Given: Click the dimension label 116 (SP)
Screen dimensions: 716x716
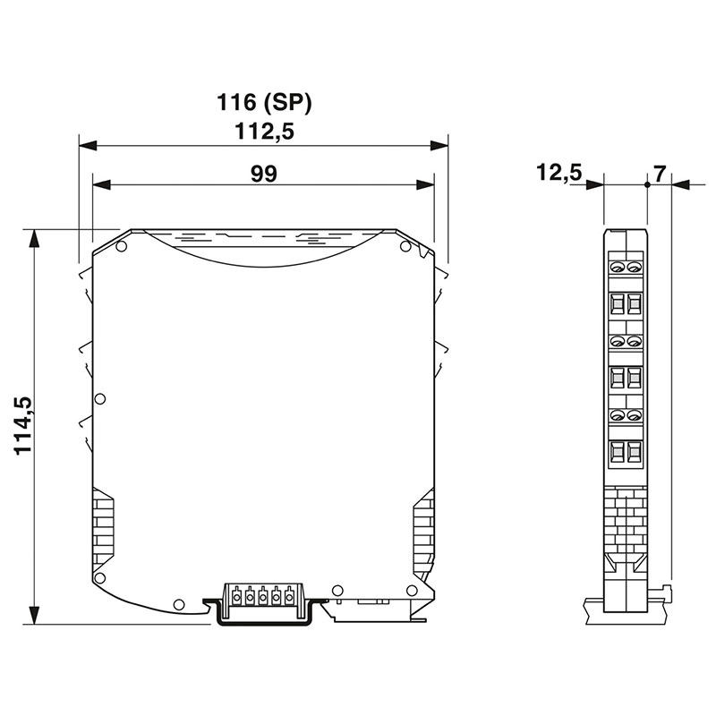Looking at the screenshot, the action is click(264, 102).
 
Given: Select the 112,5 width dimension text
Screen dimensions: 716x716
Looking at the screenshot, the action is click(264, 132).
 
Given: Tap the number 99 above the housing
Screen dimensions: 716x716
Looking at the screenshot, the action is click(264, 174).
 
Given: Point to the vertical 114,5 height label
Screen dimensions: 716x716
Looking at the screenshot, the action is click(23, 426).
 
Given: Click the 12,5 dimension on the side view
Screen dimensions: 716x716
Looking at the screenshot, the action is click(558, 173).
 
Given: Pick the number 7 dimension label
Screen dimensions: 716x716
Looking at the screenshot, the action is click(660, 174).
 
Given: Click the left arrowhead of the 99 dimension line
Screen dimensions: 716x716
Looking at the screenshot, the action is click(102, 185).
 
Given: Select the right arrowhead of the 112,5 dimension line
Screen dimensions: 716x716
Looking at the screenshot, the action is click(439, 146).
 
